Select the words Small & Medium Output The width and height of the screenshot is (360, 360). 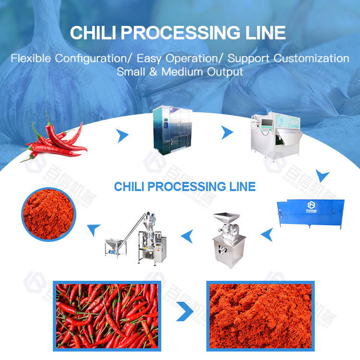coord(180,72)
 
